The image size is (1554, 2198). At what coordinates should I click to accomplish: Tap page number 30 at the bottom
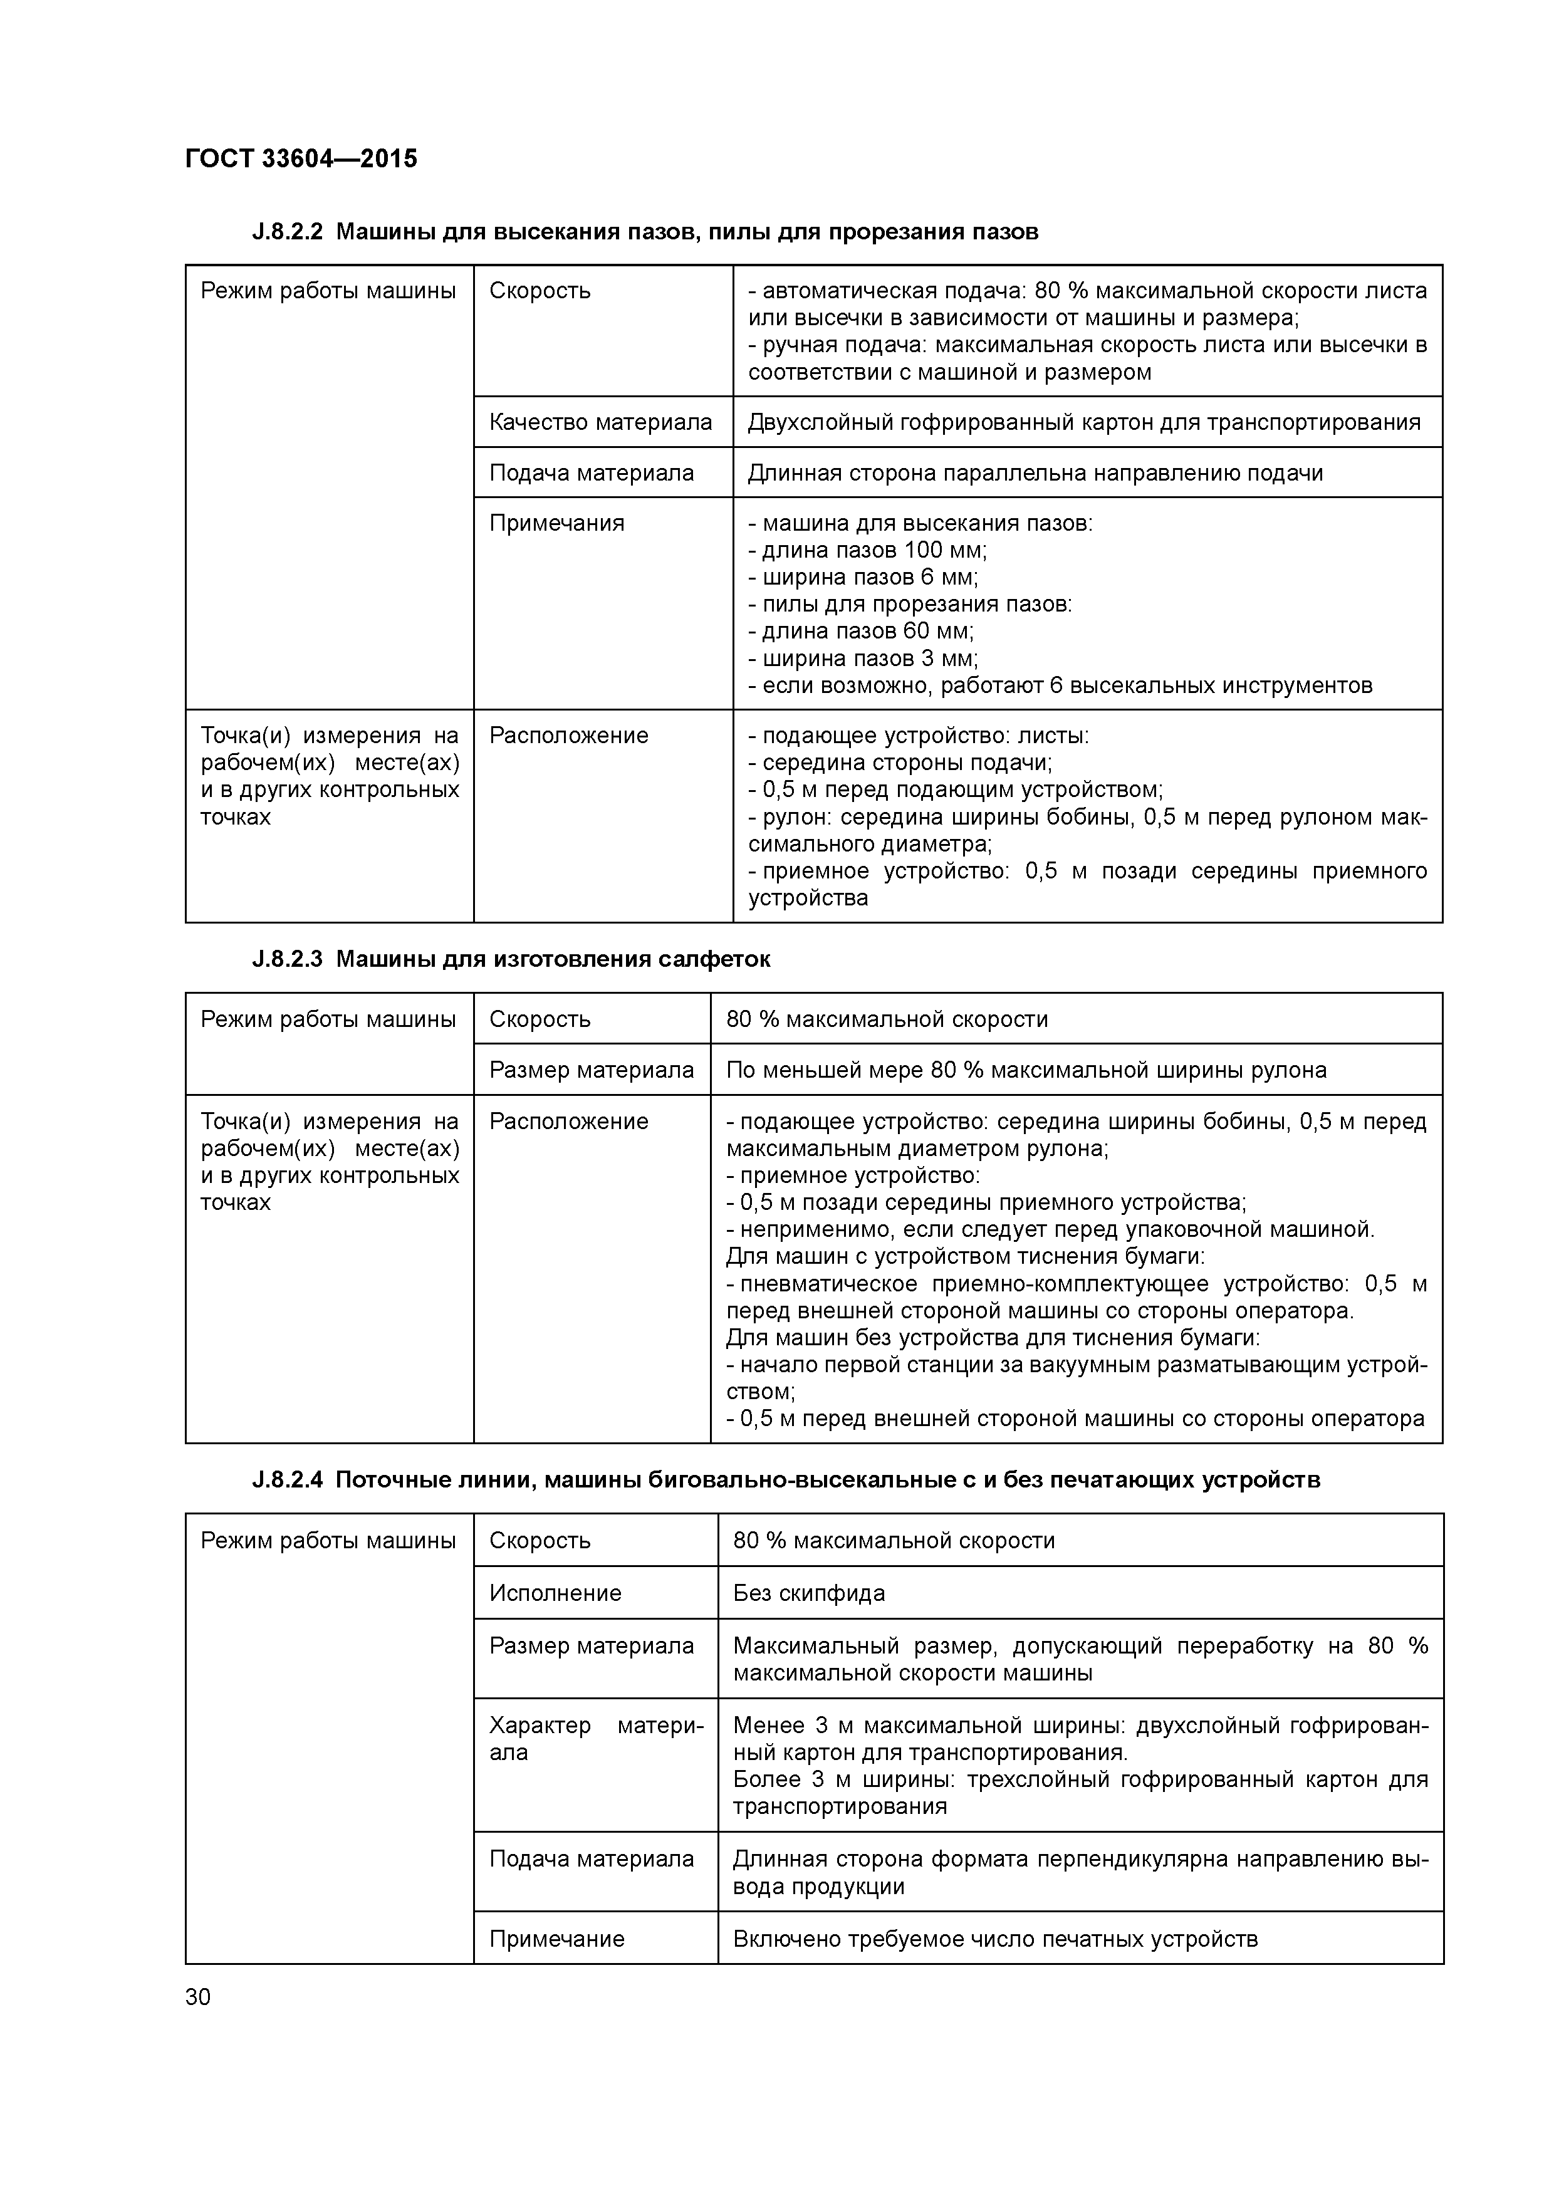(197, 1997)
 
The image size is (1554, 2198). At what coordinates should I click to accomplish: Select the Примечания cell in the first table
(556, 523)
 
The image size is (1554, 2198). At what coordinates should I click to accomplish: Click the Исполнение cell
(555, 1593)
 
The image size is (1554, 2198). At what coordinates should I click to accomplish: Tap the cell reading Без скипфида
(809, 1593)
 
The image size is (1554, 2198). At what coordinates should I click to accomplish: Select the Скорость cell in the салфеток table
(540, 1019)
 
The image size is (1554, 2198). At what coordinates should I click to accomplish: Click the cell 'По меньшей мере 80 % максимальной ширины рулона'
(1026, 1070)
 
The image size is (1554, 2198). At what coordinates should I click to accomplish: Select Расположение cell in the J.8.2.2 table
(569, 735)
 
